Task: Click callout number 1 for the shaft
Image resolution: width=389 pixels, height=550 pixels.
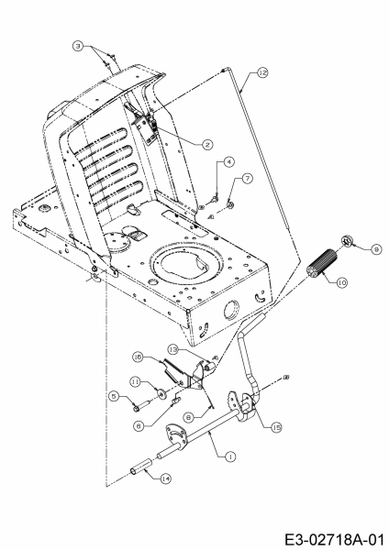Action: pyautogui.click(x=230, y=456)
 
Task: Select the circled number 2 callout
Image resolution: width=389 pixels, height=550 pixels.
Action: pyautogui.click(x=207, y=145)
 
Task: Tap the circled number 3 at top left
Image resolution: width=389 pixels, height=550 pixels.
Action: pyautogui.click(x=78, y=46)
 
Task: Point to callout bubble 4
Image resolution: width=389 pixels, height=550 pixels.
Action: pyautogui.click(x=229, y=161)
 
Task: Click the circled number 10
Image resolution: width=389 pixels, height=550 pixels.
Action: pyautogui.click(x=342, y=282)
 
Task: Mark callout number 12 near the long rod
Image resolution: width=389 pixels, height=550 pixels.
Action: pyautogui.click(x=262, y=72)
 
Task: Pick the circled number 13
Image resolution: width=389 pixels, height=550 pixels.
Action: pyautogui.click(x=173, y=349)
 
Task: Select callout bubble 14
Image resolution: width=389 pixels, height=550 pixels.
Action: pyautogui.click(x=166, y=478)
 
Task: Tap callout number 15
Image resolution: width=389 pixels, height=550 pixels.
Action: pyautogui.click(x=277, y=427)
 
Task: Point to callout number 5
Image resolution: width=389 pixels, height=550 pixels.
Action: pyautogui.click(x=114, y=396)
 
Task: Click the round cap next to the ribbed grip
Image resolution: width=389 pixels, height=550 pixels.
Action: pyautogui.click(x=346, y=241)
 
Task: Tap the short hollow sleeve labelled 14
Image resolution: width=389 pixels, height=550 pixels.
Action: pyautogui.click(x=142, y=467)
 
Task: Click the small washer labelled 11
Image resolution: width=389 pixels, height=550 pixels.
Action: pyautogui.click(x=161, y=394)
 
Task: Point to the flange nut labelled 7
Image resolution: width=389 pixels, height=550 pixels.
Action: pyautogui.click(x=230, y=203)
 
